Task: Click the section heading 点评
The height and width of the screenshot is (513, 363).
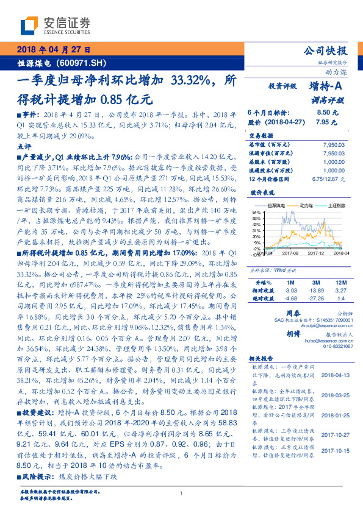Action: pyautogui.click(x=24, y=147)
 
